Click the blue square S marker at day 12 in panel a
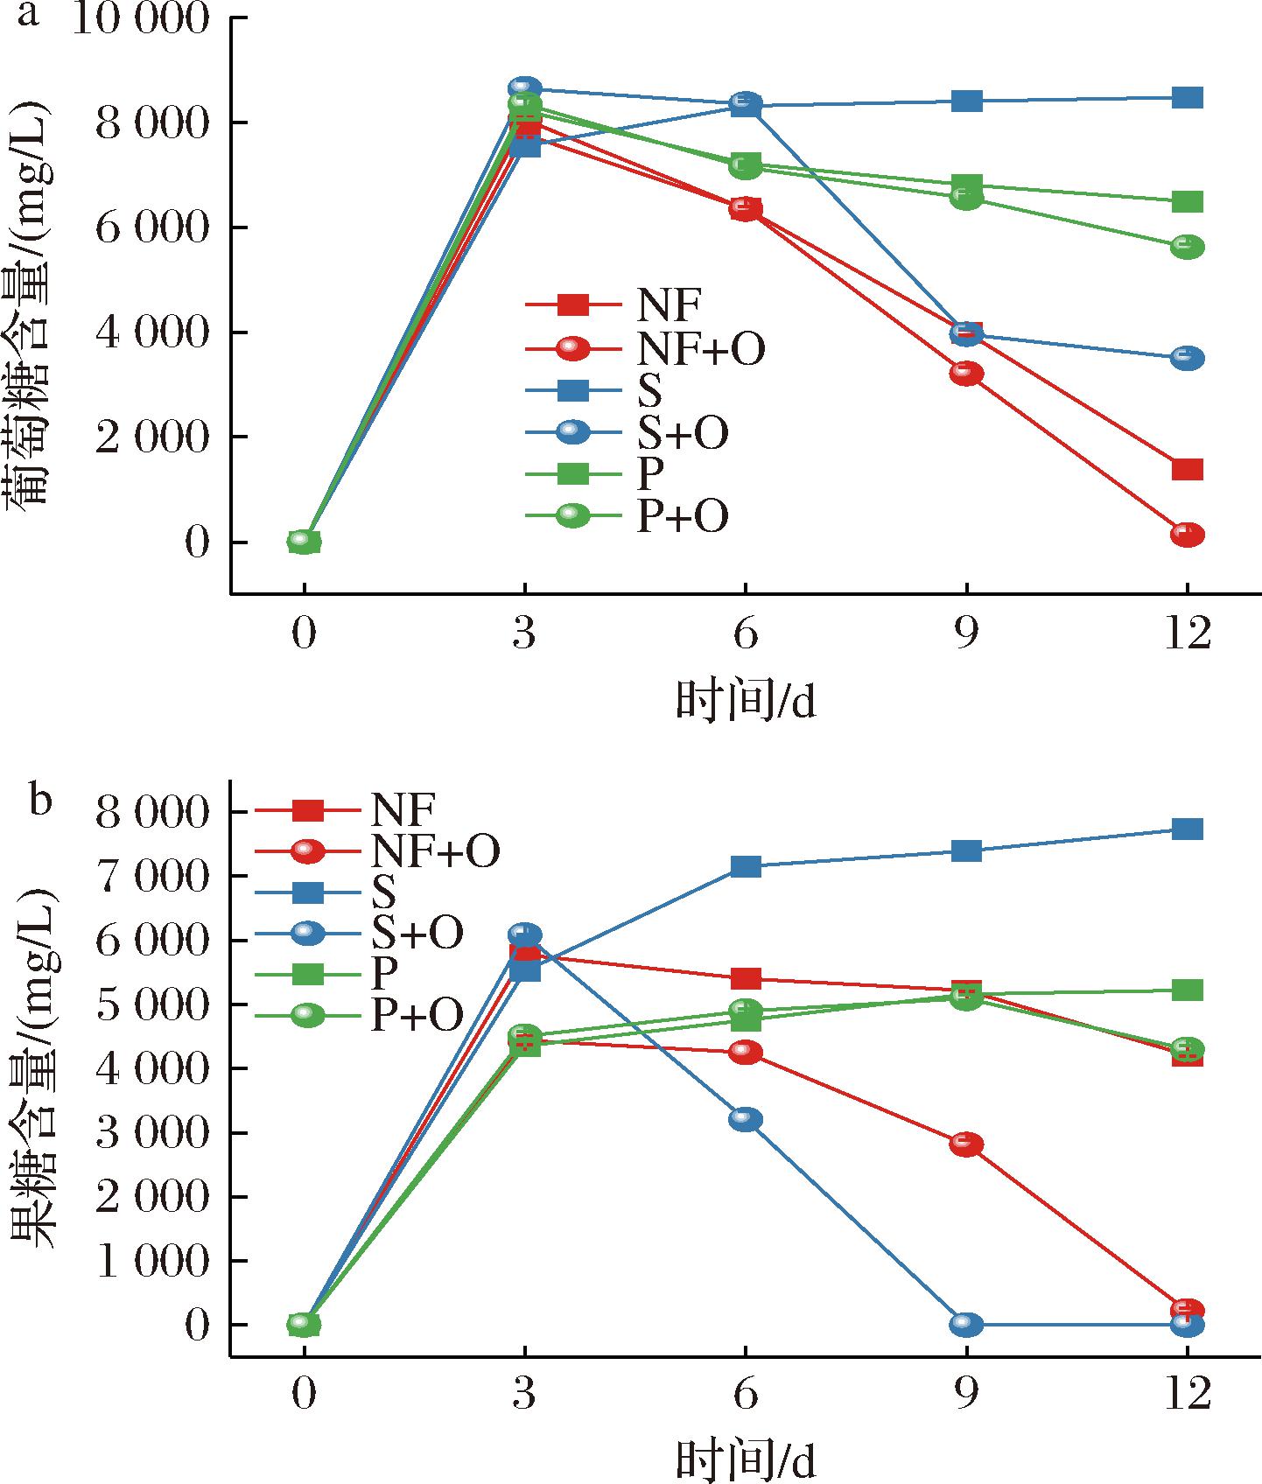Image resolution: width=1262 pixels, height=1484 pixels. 1187,97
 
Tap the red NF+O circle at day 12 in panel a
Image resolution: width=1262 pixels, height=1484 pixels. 1187,535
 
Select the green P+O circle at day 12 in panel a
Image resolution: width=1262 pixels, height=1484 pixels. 1187,247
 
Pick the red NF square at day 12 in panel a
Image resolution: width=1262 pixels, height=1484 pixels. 1187,470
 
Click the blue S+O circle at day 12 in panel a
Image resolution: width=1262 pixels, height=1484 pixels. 1187,358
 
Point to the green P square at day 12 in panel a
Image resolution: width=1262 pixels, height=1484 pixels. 1187,202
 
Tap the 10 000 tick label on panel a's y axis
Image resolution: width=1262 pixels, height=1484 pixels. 141,18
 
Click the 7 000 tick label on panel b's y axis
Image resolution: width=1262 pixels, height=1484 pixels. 153,876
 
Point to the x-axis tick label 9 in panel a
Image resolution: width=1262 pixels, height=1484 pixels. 966,633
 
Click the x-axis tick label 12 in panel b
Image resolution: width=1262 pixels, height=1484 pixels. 1187,1395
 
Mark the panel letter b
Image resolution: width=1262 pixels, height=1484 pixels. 40,800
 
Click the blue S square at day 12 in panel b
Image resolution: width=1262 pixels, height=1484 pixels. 1187,829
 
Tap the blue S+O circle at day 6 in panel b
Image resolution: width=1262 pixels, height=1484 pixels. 746,1119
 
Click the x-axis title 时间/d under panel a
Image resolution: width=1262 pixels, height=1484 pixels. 746,703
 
